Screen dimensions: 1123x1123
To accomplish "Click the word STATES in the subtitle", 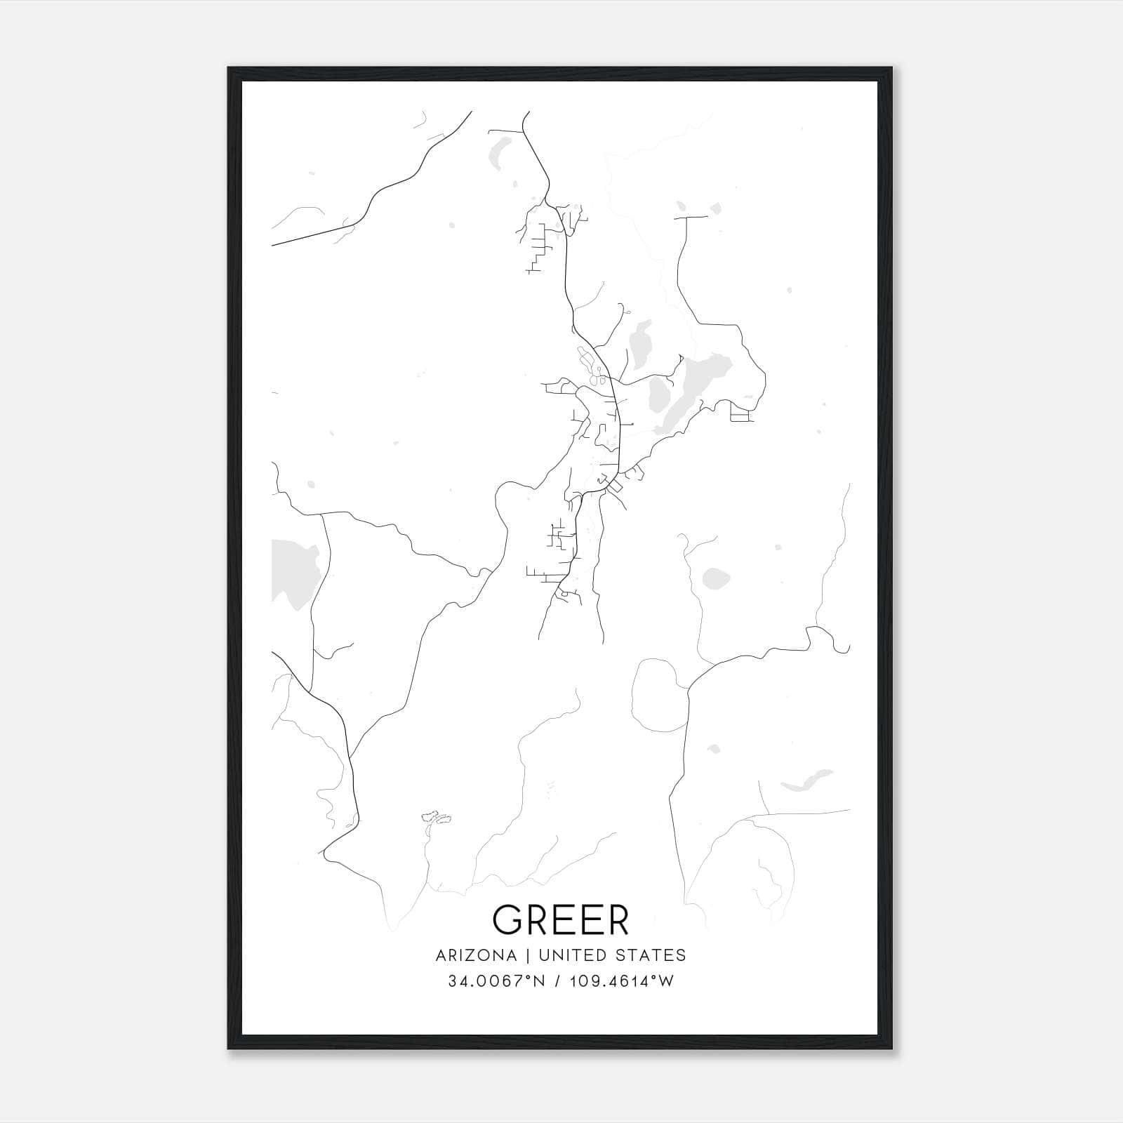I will pyautogui.click(x=651, y=955).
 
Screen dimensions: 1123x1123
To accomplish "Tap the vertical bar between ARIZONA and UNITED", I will pyautogui.click(x=522, y=955).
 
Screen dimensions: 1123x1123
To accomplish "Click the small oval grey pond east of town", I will pyautogui.click(x=715, y=578).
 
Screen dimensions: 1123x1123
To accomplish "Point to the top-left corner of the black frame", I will pyautogui.click(x=229, y=68).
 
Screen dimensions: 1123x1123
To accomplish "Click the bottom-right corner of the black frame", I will pyautogui.click(x=893, y=1049).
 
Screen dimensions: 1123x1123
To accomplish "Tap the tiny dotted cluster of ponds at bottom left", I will pyautogui.click(x=435, y=817).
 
